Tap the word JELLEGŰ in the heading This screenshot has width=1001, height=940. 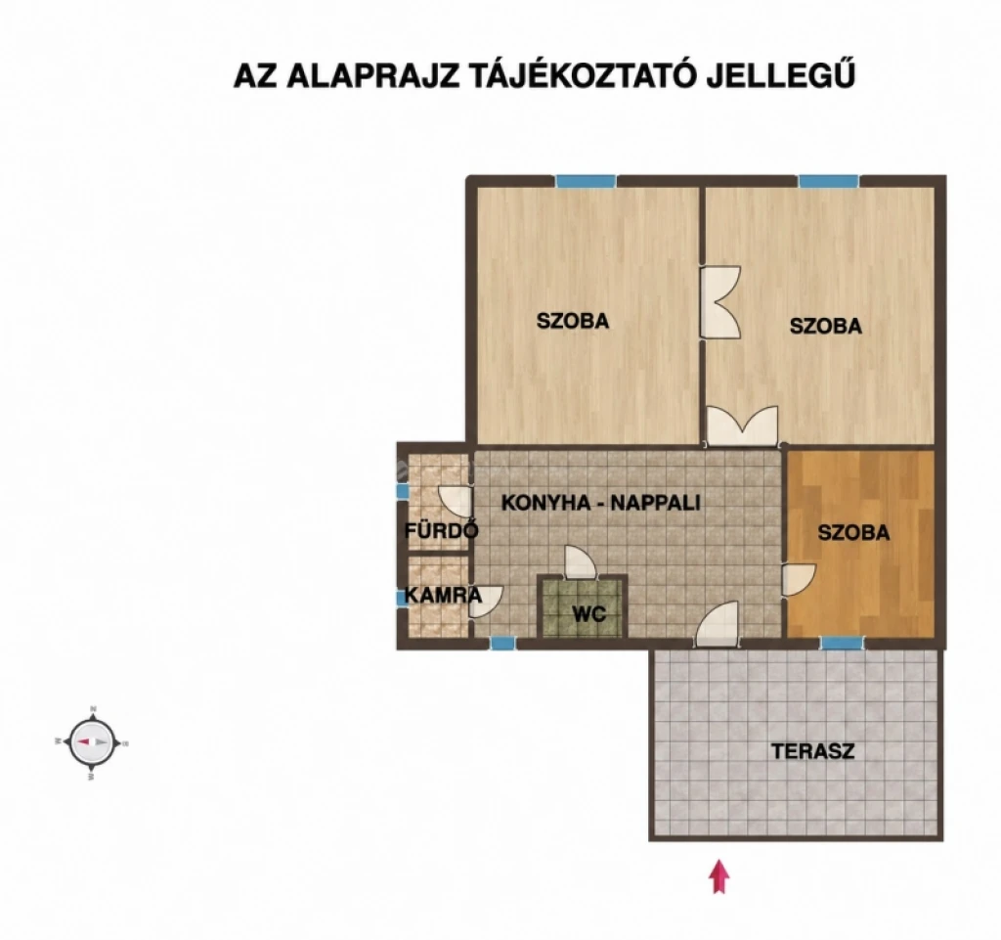pyautogui.click(x=780, y=74)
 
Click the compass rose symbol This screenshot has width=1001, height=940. pyautogui.click(x=93, y=742)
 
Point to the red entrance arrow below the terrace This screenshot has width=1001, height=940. pyautogui.click(x=719, y=876)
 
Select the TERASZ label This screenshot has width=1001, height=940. pyautogui.click(x=812, y=751)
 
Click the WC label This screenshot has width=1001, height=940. pyautogui.click(x=588, y=614)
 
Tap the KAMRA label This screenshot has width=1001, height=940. pyautogui.click(x=443, y=595)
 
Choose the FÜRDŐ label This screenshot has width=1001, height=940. pyautogui.click(x=442, y=530)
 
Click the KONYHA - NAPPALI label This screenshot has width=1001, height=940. pyautogui.click(x=601, y=503)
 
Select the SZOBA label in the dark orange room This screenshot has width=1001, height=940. pyautogui.click(x=853, y=532)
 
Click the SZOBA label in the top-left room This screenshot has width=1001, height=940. pyautogui.click(x=573, y=321)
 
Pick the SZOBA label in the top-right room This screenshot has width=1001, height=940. pyautogui.click(x=825, y=326)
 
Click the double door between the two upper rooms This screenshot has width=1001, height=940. pyautogui.click(x=719, y=302)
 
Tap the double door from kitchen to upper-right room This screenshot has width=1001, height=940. pyautogui.click(x=743, y=425)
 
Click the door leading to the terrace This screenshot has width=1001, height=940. pyautogui.click(x=717, y=624)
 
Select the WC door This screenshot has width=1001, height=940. pyautogui.click(x=581, y=562)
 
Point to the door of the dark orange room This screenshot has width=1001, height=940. pyautogui.click(x=799, y=580)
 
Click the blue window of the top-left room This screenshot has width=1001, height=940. pyautogui.click(x=587, y=181)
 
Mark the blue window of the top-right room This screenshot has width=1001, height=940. pyautogui.click(x=829, y=181)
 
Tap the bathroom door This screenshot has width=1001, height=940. pyautogui.click(x=456, y=502)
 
